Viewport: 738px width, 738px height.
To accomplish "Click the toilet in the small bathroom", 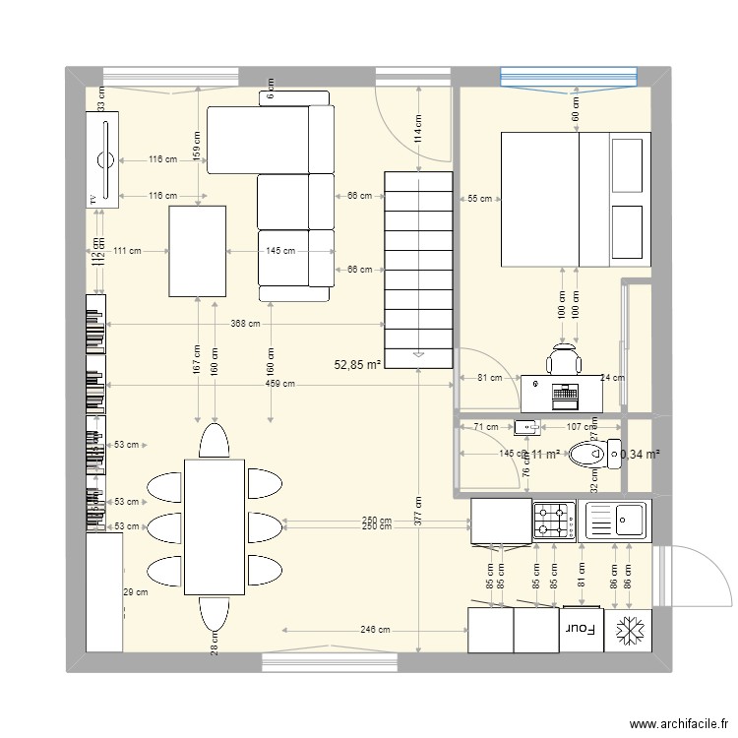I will [587, 455].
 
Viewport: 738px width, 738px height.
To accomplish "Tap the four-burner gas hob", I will [554, 521].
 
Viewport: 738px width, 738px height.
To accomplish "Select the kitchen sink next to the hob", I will [615, 519].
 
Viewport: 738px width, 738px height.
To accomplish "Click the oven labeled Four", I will [579, 630].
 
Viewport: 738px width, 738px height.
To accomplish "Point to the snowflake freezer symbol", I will [626, 630].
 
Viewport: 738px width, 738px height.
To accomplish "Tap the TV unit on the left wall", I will [102, 159].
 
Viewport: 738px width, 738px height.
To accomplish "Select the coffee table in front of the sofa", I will [198, 251].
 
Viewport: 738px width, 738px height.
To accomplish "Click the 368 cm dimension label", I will [246, 324].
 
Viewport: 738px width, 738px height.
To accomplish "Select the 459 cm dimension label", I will [279, 384].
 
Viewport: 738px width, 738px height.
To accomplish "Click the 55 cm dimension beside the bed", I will [479, 199].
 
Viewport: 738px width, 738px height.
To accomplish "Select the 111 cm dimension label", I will [127, 251].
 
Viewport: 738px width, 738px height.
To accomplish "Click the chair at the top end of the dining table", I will [214, 440].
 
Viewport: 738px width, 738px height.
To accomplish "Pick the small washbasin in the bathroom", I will [526, 427].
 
